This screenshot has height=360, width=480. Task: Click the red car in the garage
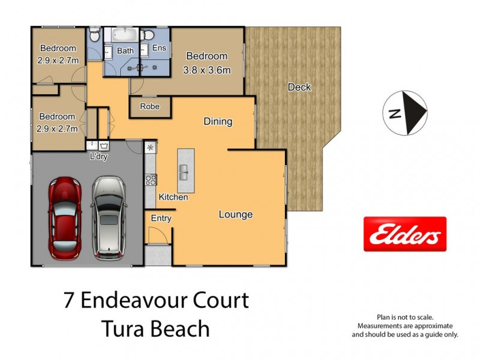pos(65,217)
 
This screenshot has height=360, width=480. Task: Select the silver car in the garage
pos(109,217)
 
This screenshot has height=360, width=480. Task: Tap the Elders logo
pos(405,234)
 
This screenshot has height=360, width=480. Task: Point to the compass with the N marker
pos(405,112)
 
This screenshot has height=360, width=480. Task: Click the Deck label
pos(299,88)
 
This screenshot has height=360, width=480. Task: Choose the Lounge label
pos(235,214)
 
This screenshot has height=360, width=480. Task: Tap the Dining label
pos(217,122)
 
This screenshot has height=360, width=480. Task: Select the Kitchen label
pos(173,197)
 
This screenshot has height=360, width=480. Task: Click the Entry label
pos(161,218)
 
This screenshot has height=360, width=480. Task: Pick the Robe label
pos(150,106)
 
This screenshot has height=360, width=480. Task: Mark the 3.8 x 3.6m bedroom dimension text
pos(206,70)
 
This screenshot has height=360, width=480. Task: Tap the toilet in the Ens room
pos(146,35)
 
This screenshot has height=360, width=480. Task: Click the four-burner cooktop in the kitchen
pos(150,179)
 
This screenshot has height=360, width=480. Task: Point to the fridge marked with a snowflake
pos(150,147)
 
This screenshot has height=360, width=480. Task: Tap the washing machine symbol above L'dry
pos(105,145)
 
